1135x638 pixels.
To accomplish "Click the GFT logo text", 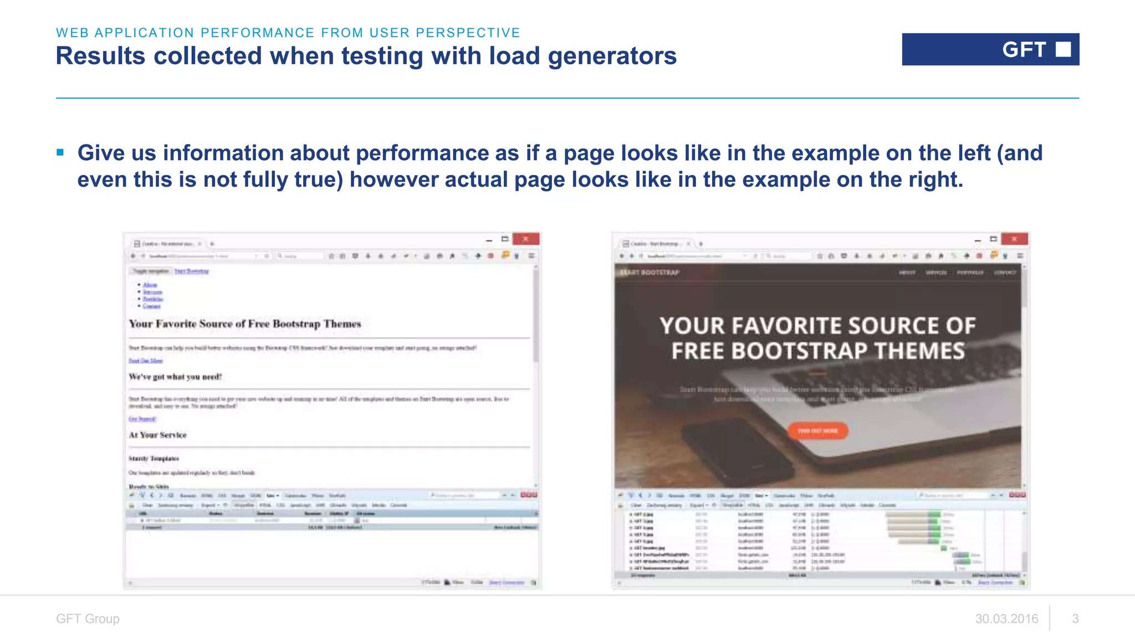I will (1024, 50).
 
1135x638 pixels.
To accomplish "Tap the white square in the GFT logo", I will (1063, 49).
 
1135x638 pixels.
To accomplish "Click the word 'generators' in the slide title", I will (612, 56).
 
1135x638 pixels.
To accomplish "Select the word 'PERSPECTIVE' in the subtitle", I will (468, 33).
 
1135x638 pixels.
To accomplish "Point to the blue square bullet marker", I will (60, 152).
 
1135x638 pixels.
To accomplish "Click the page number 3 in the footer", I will (1075, 619).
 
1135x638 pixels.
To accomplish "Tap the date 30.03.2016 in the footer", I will (1006, 619).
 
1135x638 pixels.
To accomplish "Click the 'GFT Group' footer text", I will (88, 619).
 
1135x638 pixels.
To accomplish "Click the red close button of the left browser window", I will (525, 239).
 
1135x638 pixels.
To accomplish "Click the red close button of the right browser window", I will (1014, 239).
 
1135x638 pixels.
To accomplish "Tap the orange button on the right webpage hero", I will (817, 431).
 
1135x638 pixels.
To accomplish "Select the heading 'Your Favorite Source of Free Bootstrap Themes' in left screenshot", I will (244, 324).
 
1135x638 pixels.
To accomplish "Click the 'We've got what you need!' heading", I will (175, 377).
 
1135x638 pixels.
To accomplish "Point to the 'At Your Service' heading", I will (157, 435).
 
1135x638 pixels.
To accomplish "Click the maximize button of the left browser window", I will (505, 239).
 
